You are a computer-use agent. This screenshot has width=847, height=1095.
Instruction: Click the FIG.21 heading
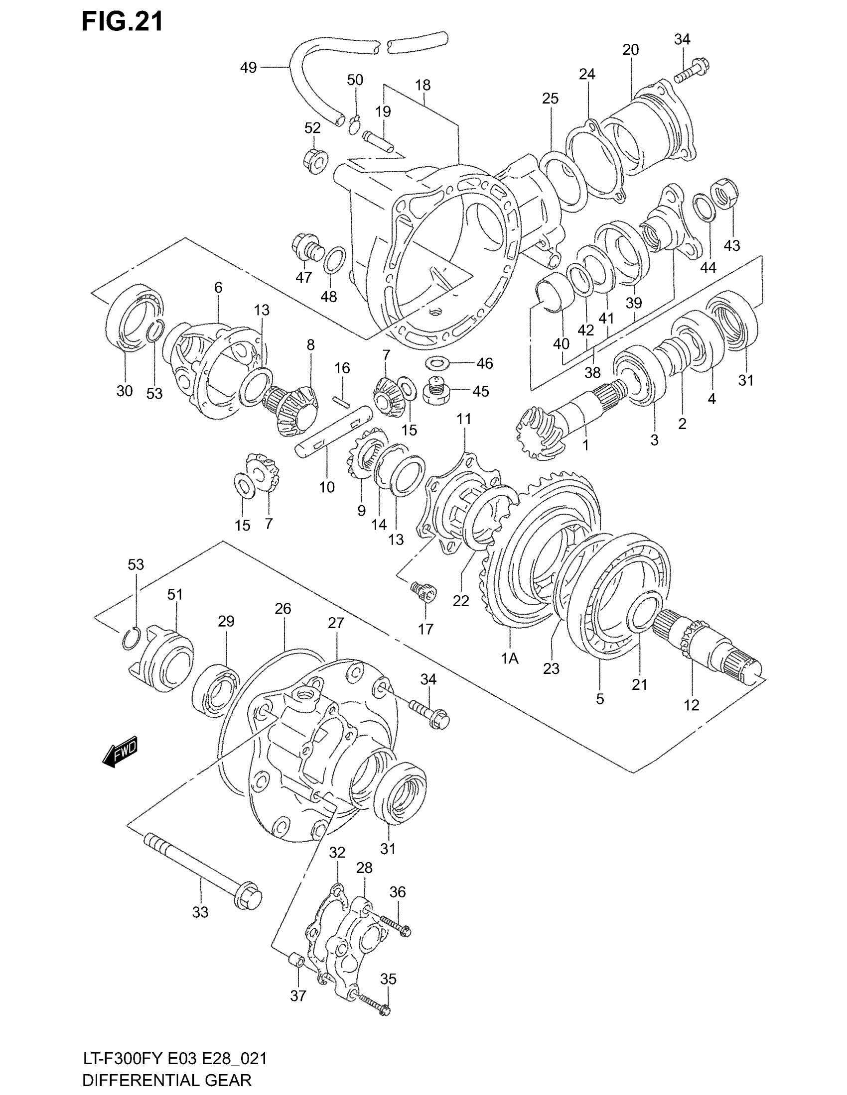point(123,22)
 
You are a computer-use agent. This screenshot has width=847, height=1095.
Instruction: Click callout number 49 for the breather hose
point(249,67)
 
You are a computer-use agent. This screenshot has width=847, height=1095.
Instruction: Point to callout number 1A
point(509,658)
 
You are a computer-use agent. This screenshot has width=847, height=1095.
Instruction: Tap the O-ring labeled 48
point(335,260)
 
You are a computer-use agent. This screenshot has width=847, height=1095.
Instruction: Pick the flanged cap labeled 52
point(315,160)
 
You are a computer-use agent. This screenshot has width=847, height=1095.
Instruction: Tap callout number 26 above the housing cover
point(283,609)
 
